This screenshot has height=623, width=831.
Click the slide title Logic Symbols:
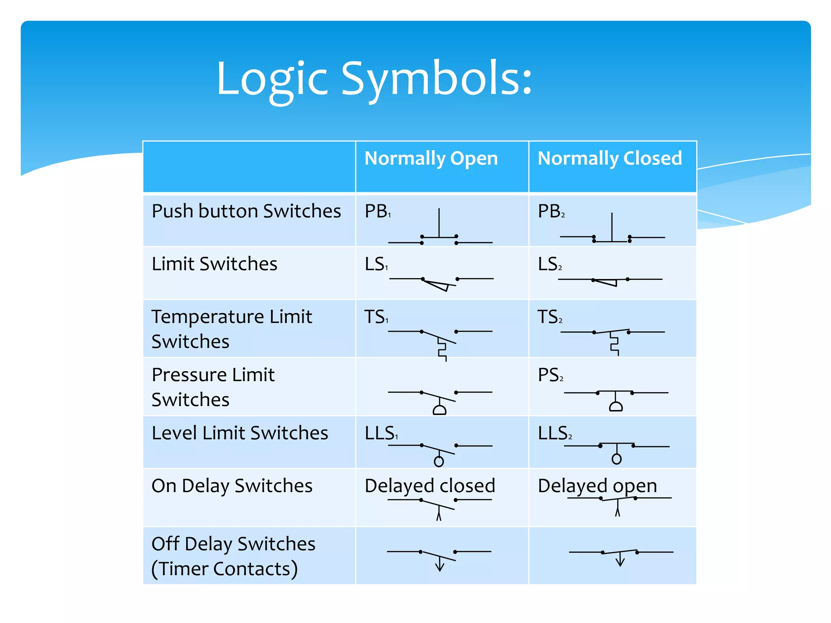374,79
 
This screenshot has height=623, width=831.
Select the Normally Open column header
431,158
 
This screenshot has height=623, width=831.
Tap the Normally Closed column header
609,158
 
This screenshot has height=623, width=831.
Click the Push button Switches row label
246,211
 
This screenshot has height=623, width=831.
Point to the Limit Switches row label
214,264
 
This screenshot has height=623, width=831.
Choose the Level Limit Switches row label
240,433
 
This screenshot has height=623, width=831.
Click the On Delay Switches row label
232,486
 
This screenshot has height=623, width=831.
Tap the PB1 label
377,211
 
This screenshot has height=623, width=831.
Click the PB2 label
551,211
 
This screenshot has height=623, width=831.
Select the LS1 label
376,264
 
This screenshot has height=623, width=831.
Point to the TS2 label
550,317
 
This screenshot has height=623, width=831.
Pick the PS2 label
550,375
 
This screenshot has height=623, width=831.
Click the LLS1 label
381,433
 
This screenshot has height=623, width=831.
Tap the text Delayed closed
430,486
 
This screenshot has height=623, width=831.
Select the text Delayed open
597,486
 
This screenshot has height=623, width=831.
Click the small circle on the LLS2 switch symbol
616,459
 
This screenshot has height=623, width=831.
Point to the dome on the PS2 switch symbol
616,407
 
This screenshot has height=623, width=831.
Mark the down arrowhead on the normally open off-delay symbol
439,567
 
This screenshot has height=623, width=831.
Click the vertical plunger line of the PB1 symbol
439,222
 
